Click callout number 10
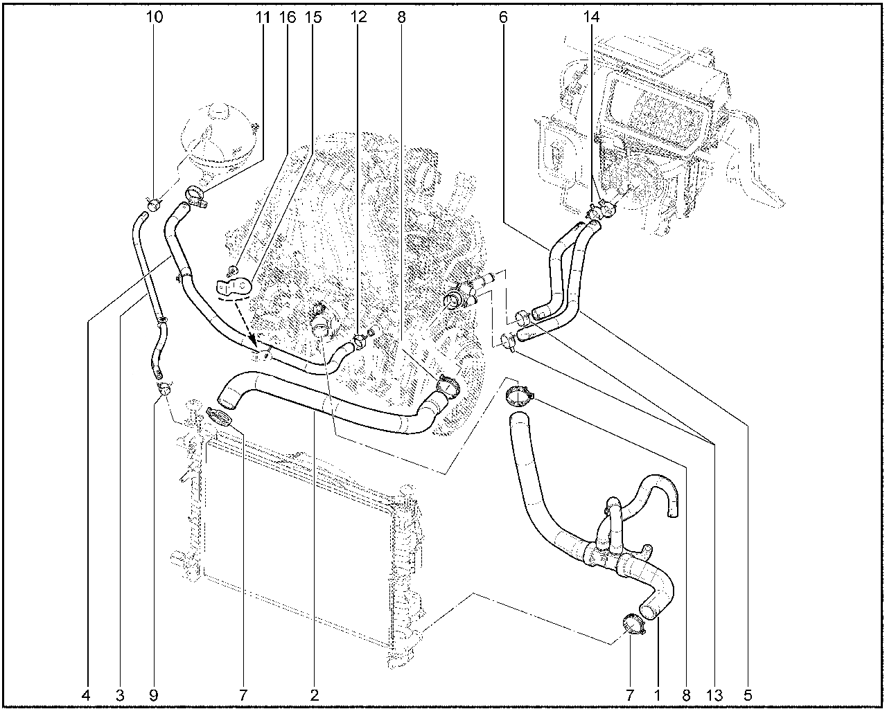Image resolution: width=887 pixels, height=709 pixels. (155, 17)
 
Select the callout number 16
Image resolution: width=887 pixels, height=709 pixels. (288, 17)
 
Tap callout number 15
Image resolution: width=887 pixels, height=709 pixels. (313, 17)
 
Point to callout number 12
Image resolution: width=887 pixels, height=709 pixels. (358, 17)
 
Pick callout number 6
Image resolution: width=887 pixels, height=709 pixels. (503, 17)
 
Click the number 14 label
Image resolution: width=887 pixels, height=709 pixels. (591, 17)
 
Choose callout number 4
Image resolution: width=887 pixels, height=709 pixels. (85, 695)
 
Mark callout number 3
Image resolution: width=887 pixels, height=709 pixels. (119, 695)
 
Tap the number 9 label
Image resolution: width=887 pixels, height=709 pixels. (153, 695)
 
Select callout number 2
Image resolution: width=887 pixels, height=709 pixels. (315, 695)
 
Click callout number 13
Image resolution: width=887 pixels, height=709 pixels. (714, 695)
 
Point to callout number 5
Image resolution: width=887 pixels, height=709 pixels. (748, 695)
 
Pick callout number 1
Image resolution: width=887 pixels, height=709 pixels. (658, 695)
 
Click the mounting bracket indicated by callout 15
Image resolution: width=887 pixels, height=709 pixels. (234, 287)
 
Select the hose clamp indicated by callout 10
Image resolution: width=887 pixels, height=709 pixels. (154, 204)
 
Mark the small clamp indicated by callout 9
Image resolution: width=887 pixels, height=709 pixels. (164, 388)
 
